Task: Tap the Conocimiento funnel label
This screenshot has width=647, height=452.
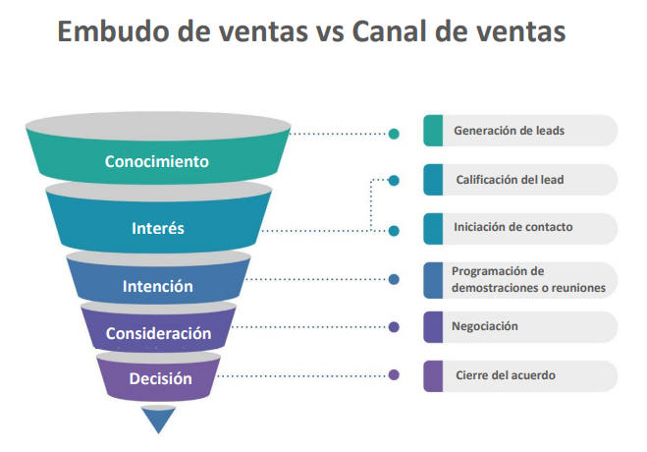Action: coord(157,161)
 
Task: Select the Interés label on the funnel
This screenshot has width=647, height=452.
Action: coord(158,228)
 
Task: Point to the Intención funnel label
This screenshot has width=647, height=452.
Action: coord(157,287)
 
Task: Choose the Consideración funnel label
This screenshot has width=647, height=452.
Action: coord(158,333)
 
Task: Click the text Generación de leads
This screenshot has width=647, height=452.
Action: coord(509,131)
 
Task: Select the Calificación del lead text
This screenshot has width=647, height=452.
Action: coord(509,180)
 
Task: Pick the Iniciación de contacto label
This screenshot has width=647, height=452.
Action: coord(512,228)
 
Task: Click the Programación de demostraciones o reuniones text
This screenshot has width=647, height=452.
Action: coord(527,280)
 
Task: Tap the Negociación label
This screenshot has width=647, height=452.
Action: coord(486,326)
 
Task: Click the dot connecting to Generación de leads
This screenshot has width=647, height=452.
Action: coord(394,133)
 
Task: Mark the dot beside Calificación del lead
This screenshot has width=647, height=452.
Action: coord(394,181)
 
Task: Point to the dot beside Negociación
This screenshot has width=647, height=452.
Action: coord(394,327)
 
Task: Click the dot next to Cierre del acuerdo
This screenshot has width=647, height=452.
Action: coord(394,374)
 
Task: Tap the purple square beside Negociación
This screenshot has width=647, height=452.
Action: coord(433,327)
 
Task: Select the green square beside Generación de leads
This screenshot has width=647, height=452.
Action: coord(433,131)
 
